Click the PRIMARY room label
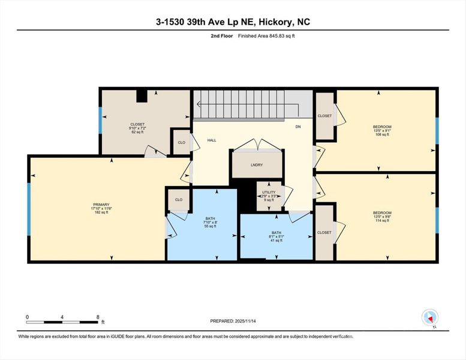click(x=97, y=205)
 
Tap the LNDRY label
click(x=256, y=165)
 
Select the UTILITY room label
click(x=269, y=192)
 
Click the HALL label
click(x=212, y=140)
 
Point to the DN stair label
click(x=298, y=127)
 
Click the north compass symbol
click(x=431, y=317)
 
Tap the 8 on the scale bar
click(x=98, y=316)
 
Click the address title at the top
click(x=233, y=22)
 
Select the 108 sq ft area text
click(x=382, y=135)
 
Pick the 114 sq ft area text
click(x=382, y=221)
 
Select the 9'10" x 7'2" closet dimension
click(x=138, y=128)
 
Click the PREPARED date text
click(x=233, y=321)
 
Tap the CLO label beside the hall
click(x=181, y=142)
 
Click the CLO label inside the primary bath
click(x=178, y=199)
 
